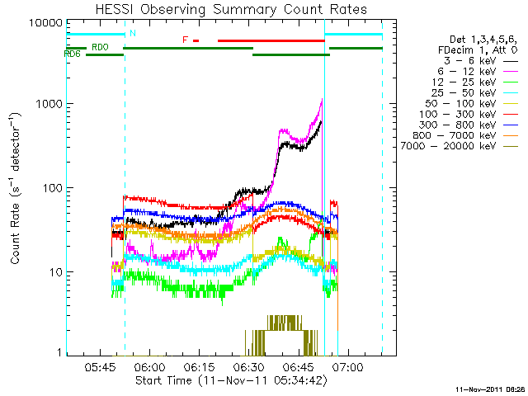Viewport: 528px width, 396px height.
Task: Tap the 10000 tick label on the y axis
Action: [x=45, y=23]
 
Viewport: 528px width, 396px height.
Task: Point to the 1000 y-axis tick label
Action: [x=49, y=104]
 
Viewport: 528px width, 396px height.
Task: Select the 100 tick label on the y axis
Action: [x=52, y=187]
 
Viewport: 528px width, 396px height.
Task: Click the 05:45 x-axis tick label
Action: [x=100, y=366]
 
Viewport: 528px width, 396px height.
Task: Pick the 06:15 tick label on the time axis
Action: [x=199, y=366]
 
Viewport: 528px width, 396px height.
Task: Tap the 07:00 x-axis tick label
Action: [x=347, y=366]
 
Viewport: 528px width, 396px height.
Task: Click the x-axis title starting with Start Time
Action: [x=231, y=381]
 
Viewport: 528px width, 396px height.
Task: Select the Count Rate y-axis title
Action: [x=16, y=188]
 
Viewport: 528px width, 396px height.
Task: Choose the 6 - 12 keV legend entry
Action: [x=478, y=72]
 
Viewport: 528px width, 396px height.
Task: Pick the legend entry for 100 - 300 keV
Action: [x=468, y=114]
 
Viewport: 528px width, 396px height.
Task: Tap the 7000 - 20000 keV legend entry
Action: [x=459, y=146]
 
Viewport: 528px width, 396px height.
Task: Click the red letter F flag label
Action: [x=185, y=40]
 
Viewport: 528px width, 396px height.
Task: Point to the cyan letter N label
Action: [x=133, y=33]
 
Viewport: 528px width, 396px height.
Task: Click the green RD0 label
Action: [x=100, y=47]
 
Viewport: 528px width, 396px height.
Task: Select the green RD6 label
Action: [x=72, y=54]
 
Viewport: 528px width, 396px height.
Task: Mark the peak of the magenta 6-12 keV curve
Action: [x=323, y=99]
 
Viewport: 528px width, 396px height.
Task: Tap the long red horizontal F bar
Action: [x=271, y=40]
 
